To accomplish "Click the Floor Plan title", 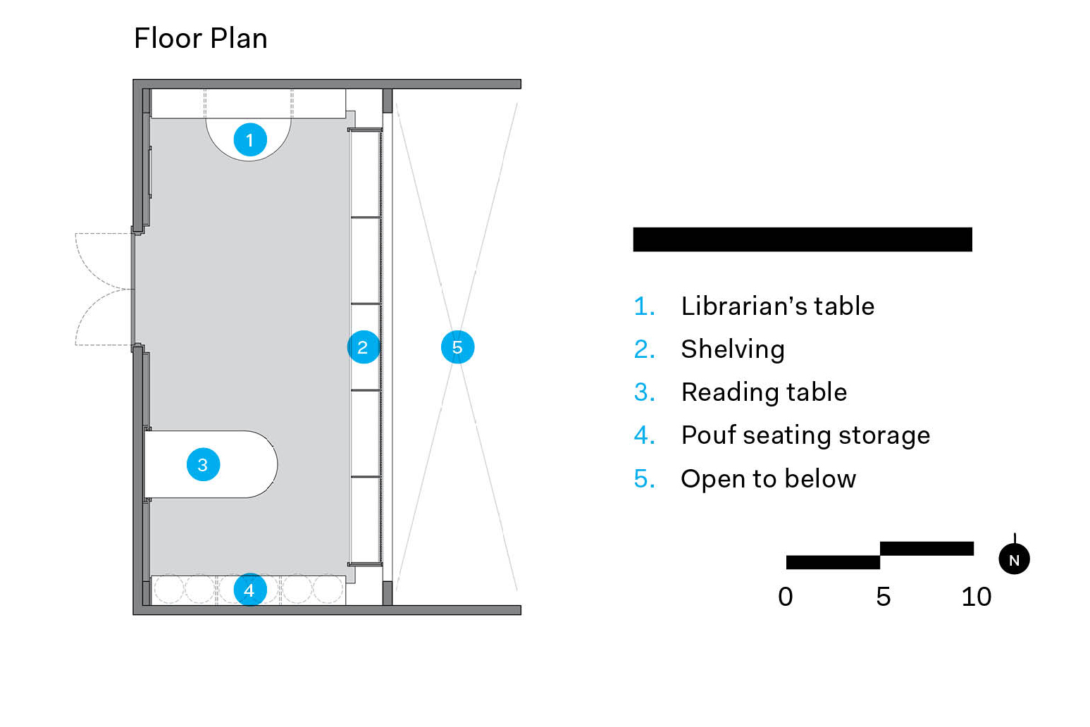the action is [201, 39].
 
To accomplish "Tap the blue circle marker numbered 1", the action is [250, 140].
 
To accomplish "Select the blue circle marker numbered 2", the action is [363, 347].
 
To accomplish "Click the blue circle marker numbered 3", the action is [204, 465].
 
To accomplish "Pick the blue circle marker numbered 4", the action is [249, 590].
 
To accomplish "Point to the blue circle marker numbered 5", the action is [457, 347].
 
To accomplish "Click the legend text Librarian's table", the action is [778, 306].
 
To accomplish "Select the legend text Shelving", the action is [733, 350].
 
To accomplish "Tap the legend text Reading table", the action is [764, 392].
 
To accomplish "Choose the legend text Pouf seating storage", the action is [805, 435].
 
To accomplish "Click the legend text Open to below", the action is [768, 479].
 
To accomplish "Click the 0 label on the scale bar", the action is [786, 597].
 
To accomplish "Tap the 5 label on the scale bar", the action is [883, 597].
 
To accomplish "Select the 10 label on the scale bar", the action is [976, 597].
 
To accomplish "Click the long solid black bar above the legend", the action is [803, 240].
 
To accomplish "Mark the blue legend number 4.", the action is [644, 435].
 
